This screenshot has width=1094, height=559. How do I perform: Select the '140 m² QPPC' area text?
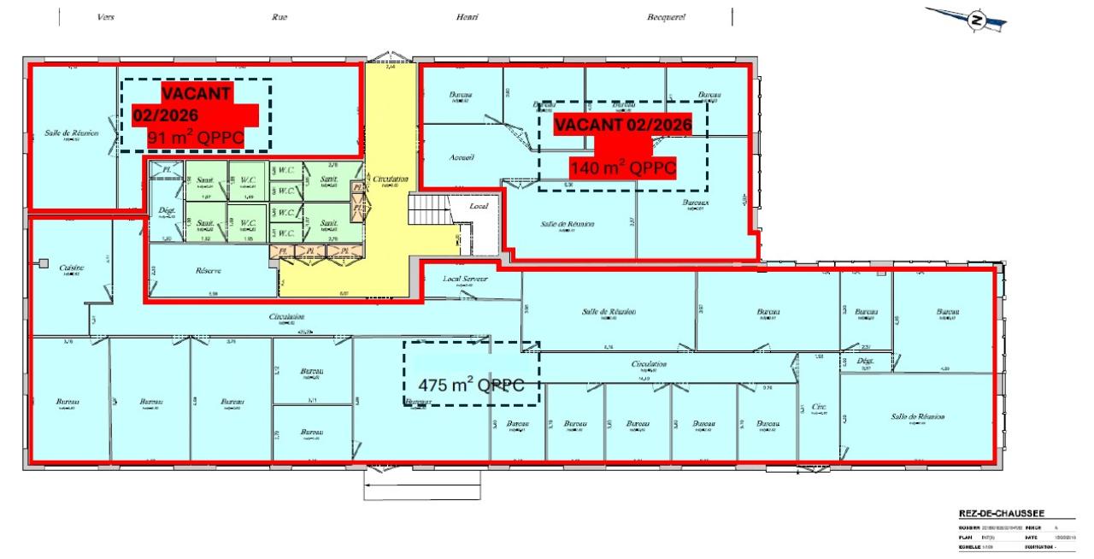coord(622,168)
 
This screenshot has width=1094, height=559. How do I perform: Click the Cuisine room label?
coord(72,268)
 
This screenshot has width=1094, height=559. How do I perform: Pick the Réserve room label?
coord(208,270)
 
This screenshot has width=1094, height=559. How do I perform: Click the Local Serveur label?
coord(463,279)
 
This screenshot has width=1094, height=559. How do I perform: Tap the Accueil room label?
coord(462,157)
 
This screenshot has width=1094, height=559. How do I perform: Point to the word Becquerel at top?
coord(666,17)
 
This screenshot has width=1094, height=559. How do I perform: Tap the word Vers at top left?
coord(106,17)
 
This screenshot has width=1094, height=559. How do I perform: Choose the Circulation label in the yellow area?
coord(391,179)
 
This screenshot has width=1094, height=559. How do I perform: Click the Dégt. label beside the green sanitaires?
coord(167,210)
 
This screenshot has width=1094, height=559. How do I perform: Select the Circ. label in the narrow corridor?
coord(818,407)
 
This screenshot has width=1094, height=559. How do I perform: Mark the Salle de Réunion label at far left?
coord(72,133)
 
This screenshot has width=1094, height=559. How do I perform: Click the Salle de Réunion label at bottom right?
coord(917,416)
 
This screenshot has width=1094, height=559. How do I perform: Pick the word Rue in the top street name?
coord(279,17)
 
